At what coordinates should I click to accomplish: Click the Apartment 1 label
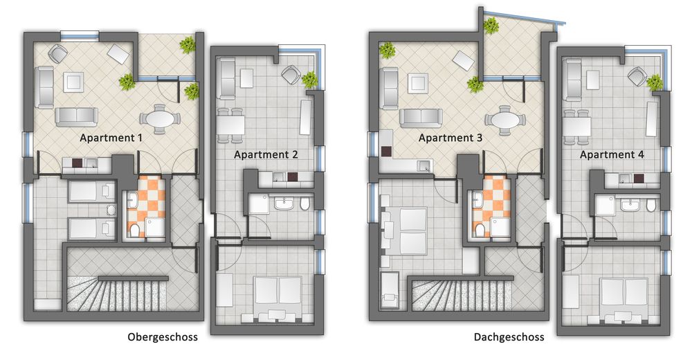(x=111, y=138)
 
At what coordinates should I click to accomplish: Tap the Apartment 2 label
(x=266, y=154)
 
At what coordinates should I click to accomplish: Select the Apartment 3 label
(x=450, y=138)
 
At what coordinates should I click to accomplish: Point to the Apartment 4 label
(x=612, y=154)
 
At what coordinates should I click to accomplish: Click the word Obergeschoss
(x=163, y=337)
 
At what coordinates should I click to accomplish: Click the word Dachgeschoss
(x=509, y=337)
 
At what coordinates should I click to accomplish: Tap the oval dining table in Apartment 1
(x=161, y=119)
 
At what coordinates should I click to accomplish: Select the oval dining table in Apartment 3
(x=505, y=119)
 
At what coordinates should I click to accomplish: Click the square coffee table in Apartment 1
(x=74, y=82)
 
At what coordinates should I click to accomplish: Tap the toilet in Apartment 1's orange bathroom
(x=135, y=230)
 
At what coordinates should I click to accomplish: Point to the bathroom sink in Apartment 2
(x=284, y=204)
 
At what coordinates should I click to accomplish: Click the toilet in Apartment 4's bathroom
(x=651, y=204)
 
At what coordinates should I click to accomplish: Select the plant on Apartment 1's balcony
(x=188, y=44)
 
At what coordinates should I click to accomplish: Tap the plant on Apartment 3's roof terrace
(x=491, y=26)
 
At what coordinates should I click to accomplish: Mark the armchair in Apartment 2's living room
(x=291, y=74)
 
